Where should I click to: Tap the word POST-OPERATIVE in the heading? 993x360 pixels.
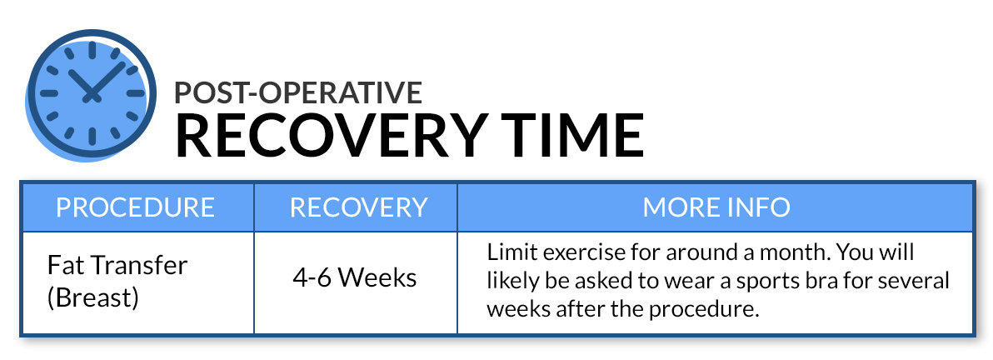pos(298,92)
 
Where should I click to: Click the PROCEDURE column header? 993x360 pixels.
pos(136,207)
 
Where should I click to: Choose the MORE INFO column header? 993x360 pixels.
pos(716,207)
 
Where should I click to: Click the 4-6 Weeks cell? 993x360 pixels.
pos(355,277)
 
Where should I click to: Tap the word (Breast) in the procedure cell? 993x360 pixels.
pos(93,297)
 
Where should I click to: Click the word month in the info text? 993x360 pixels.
pos(789,252)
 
